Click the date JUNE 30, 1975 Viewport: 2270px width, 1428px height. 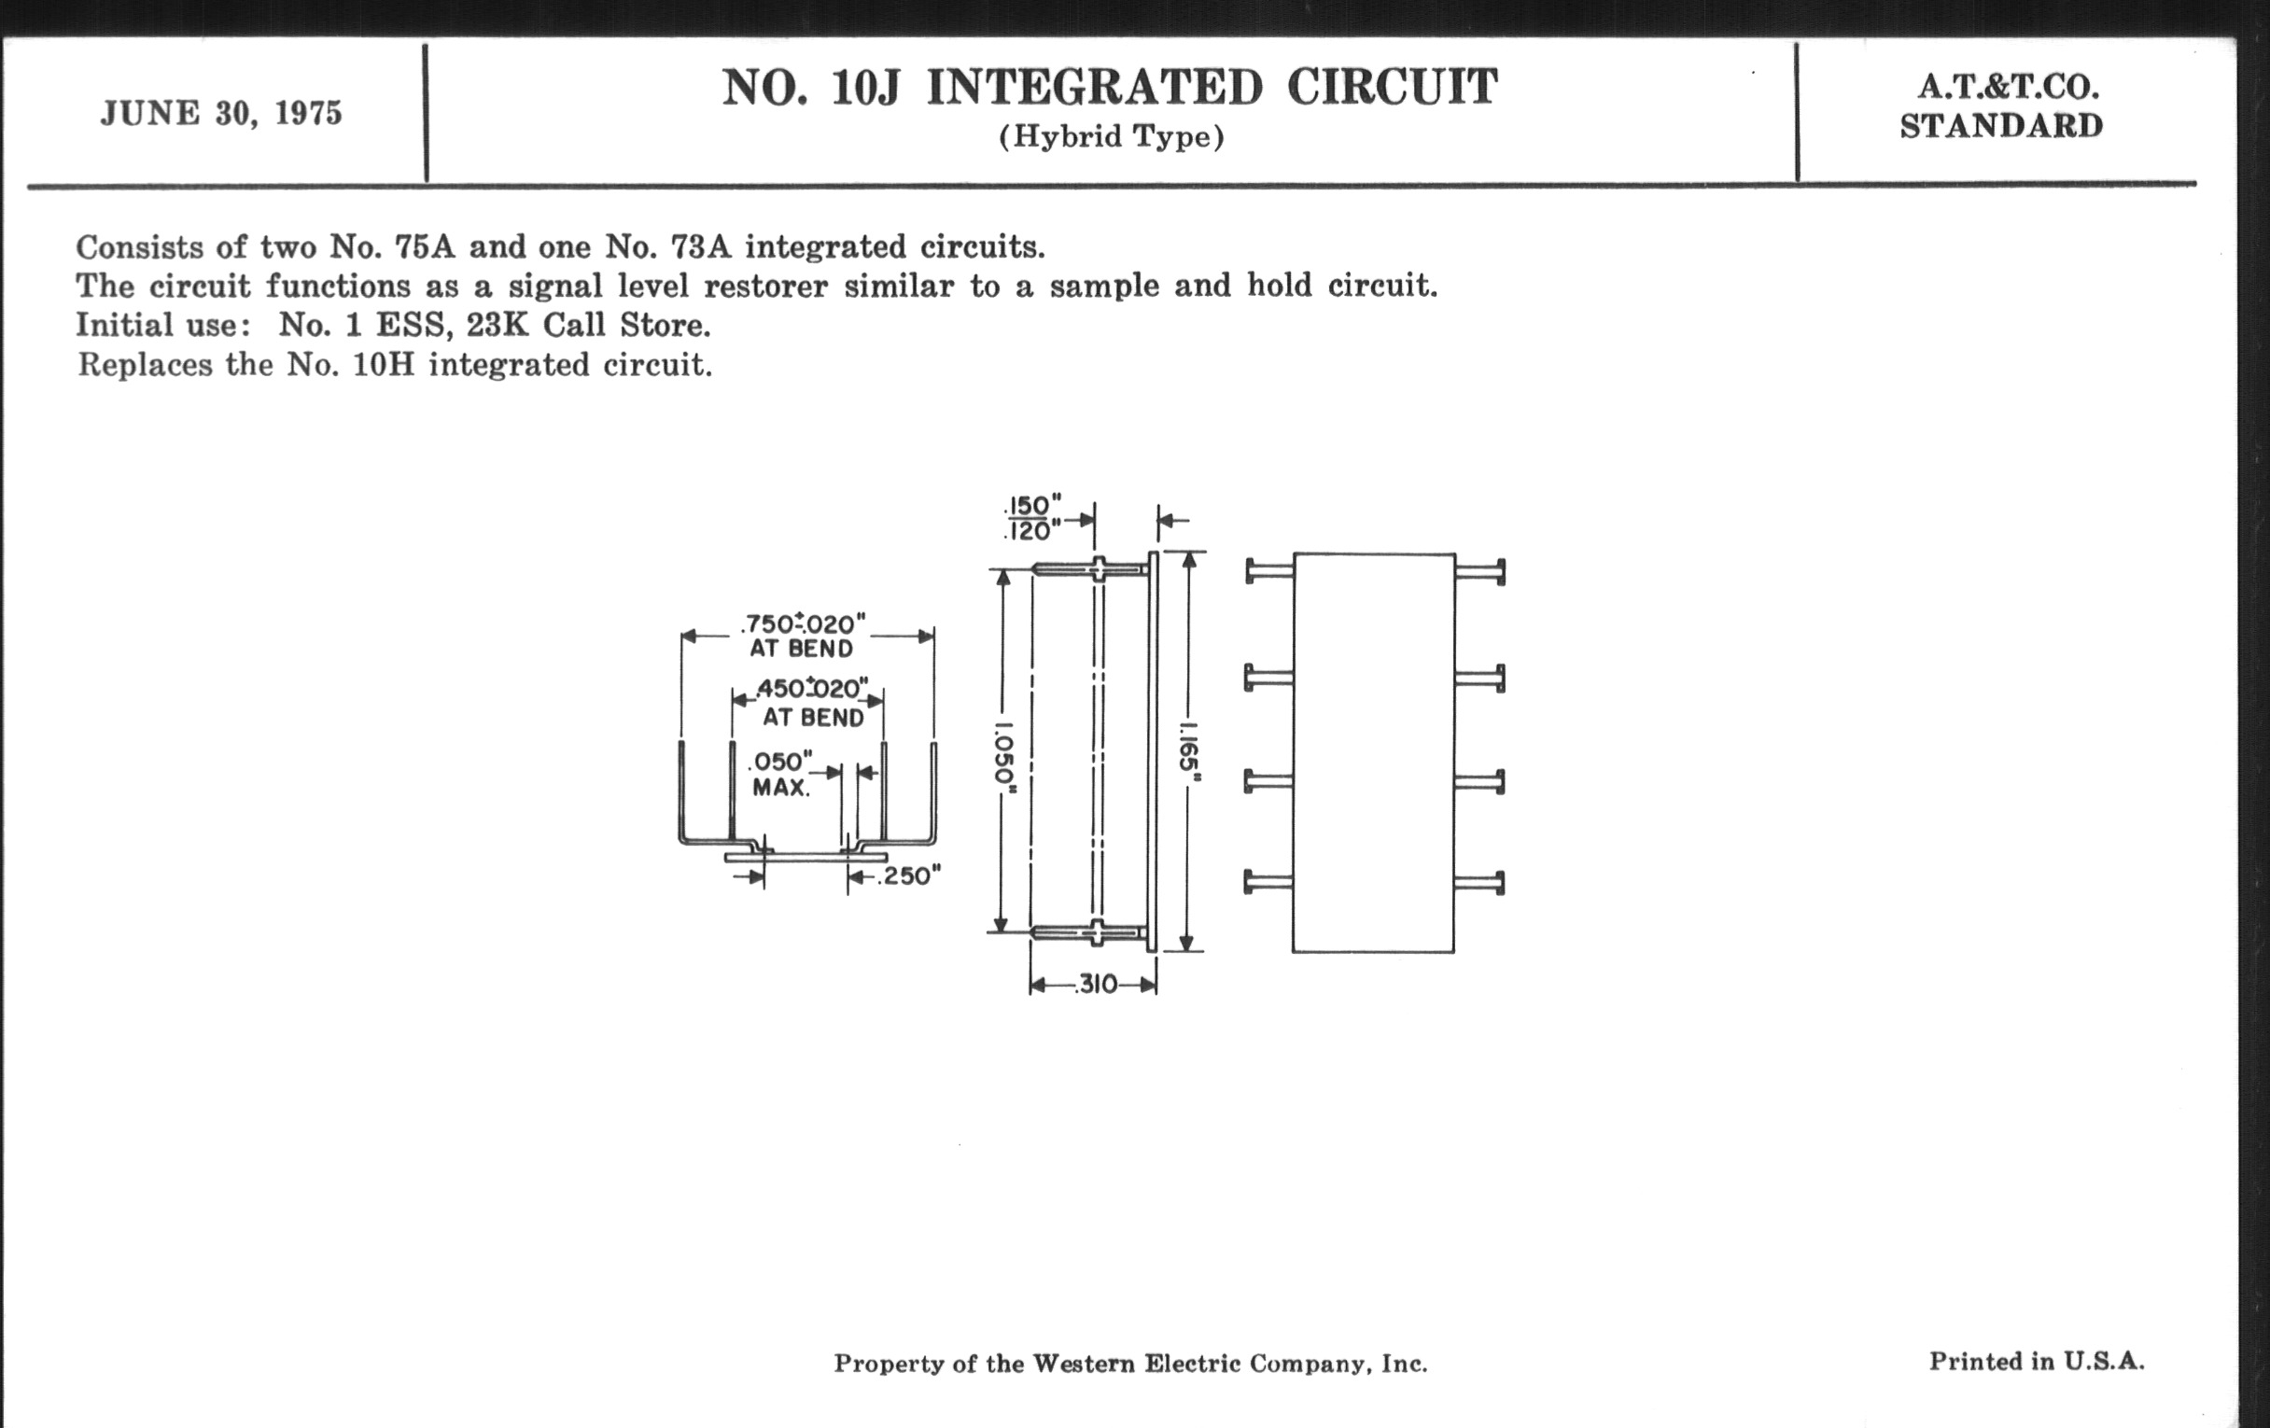[220, 114]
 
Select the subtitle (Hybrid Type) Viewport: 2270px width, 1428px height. [1112, 137]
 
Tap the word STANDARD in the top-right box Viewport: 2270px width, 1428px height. [2001, 126]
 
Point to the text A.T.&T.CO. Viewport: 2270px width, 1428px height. [2008, 88]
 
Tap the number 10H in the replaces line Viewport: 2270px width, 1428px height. [384, 365]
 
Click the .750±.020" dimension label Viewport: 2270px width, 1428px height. [803, 625]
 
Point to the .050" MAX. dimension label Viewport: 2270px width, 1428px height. [780, 774]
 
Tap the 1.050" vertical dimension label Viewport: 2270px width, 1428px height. [1006, 757]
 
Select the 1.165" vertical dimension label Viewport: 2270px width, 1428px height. [1190, 752]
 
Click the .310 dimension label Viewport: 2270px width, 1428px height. [1097, 985]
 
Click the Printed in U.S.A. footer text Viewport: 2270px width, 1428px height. [2037, 1361]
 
